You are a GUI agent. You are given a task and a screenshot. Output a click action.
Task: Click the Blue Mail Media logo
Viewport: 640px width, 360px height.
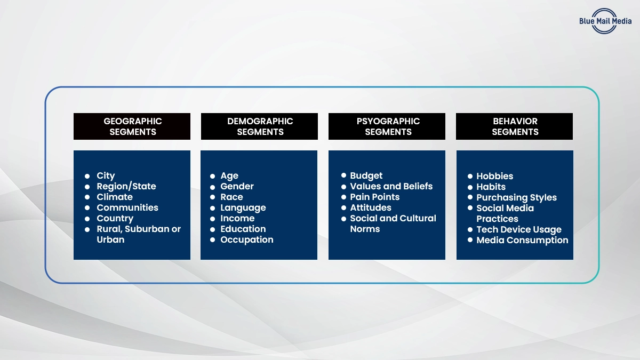click(604, 21)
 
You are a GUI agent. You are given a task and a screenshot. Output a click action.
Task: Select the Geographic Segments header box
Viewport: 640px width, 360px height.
click(132, 126)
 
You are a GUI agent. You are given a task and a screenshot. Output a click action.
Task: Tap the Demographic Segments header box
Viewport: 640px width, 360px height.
click(260, 126)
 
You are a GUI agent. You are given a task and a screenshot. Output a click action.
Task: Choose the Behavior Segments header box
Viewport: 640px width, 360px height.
click(515, 126)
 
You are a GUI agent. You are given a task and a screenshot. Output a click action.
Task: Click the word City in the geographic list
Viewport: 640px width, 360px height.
click(106, 175)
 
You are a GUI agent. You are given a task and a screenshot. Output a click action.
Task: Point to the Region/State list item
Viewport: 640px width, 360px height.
click(126, 186)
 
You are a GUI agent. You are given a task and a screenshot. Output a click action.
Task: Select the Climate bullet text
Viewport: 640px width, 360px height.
click(115, 197)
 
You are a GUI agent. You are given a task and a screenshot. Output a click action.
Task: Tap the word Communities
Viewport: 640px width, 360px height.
click(127, 207)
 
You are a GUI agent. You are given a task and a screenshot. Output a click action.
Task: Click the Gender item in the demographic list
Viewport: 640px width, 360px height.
click(237, 186)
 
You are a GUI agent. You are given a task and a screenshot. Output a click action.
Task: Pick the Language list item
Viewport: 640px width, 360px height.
click(243, 207)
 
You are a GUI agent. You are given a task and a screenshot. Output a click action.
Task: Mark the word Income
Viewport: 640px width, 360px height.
click(237, 218)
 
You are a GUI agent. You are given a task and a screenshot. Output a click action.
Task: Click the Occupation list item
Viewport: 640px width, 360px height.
click(247, 239)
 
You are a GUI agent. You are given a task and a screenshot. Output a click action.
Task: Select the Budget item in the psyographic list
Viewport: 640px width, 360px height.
click(366, 175)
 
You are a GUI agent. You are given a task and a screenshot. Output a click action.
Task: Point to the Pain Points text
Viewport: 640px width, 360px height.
click(375, 197)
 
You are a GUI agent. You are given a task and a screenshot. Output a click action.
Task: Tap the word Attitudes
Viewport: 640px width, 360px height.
click(371, 207)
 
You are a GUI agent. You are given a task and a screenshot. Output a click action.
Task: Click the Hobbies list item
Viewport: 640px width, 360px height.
click(495, 176)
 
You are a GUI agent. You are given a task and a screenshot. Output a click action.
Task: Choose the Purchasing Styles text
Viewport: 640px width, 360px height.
click(517, 197)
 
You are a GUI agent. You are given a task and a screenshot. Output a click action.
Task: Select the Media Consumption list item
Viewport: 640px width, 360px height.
click(523, 240)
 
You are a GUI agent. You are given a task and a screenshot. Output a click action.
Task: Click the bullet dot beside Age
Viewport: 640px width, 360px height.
click(213, 175)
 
